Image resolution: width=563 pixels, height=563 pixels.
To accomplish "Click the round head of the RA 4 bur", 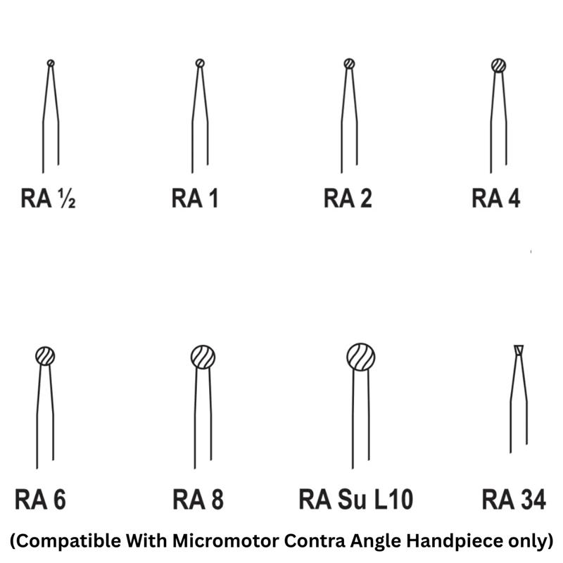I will pos(499,65).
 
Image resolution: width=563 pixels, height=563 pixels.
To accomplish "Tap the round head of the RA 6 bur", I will pos(45,356).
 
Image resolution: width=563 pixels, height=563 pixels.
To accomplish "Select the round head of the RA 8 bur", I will pos(203,358).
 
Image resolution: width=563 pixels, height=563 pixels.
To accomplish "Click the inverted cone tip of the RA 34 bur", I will pos(519,350).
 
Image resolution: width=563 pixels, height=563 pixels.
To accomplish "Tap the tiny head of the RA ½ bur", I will pos(51,63).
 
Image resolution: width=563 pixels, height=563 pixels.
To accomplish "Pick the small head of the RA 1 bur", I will pos(200,63).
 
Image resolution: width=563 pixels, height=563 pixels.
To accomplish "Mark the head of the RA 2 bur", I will pos(349,63).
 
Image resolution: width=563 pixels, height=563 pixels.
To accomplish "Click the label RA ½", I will pos(48,199).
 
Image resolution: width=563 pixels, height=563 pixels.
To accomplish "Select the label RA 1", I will pos(195,199).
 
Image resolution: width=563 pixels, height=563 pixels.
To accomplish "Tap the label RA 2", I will pos(348,199).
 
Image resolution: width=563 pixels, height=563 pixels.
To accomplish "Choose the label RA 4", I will pos(496,199).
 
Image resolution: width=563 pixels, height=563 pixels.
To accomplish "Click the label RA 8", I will pos(198,500).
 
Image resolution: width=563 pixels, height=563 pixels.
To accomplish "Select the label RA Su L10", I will pos(355,500).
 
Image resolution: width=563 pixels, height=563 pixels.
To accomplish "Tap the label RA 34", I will pos(514,500).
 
